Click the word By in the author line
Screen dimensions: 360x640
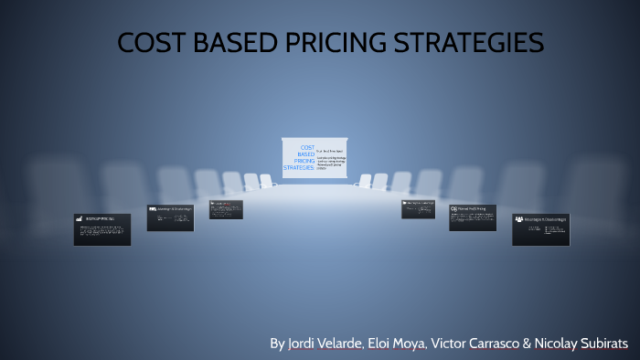pos(277,344)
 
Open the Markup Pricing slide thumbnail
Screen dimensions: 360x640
pos(101,229)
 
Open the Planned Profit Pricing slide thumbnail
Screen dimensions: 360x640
pos(472,217)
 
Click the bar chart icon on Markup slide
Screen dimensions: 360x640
pos(80,219)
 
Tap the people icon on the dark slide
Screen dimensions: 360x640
pos(519,219)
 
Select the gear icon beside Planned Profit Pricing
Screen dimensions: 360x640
pos(453,209)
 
